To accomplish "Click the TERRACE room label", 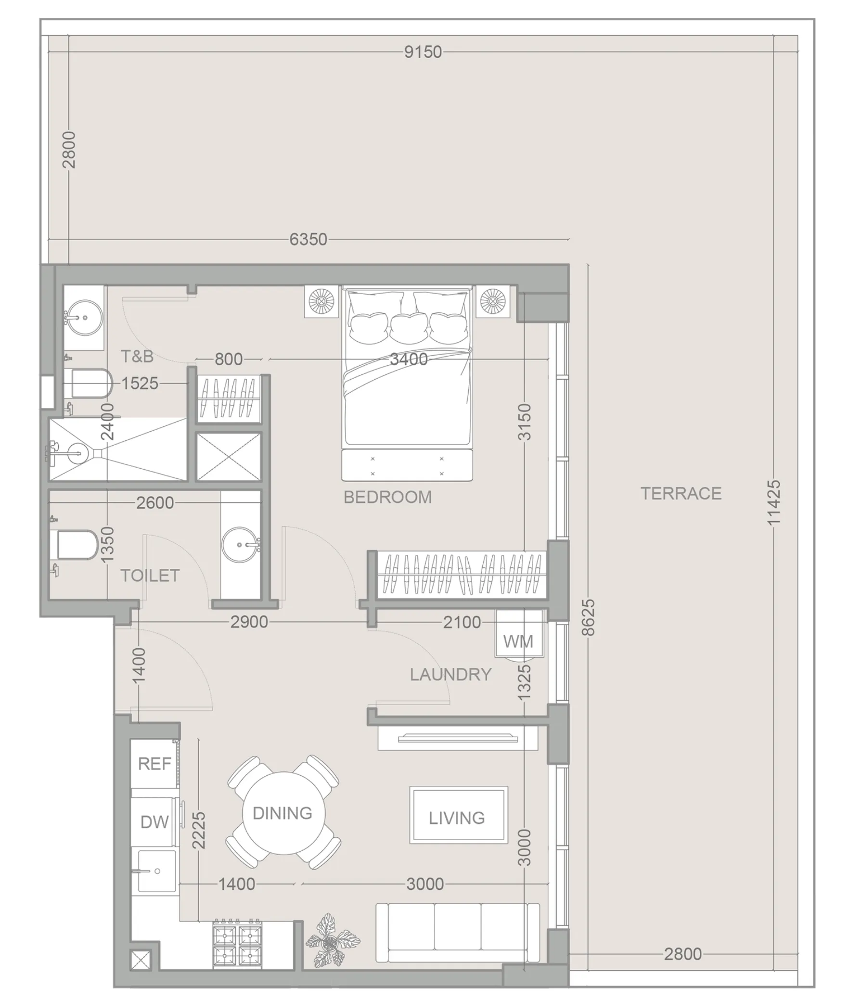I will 681,493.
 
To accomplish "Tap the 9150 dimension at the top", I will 423,52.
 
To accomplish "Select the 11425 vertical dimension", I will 773,502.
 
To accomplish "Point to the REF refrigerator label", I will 154,764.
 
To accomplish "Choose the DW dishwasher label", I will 154,822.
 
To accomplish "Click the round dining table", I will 283,813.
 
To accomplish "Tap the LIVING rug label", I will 457,818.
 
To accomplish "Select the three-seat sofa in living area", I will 457,932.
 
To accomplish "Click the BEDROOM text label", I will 387,497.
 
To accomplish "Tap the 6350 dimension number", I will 308,239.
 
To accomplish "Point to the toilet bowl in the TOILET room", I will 77,545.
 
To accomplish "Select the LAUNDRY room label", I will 450,674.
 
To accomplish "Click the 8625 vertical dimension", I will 588,617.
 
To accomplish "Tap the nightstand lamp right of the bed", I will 493,302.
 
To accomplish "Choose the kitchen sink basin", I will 156,871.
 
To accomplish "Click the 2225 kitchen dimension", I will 198,830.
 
